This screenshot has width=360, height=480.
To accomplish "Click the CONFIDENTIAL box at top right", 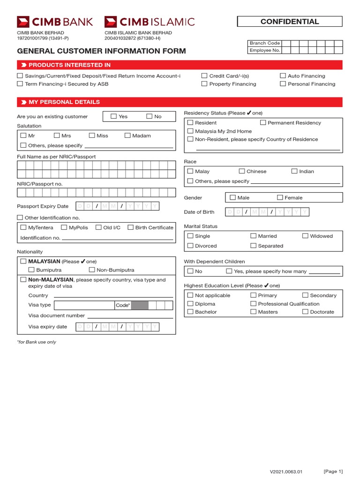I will (290, 22).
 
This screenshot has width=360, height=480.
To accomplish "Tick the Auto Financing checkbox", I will (283, 75).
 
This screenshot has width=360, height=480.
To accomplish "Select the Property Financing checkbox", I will (204, 84).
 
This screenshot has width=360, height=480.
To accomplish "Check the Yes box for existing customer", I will (114, 116).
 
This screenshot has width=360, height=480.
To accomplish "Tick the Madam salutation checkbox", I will (127, 135).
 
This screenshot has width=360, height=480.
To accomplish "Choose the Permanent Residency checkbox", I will (263, 122).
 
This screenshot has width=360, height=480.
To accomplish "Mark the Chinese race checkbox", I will (242, 171).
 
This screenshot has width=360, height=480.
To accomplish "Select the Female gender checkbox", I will (280, 197).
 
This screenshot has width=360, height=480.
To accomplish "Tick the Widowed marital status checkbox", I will (306, 236).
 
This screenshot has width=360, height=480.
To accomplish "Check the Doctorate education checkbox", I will (306, 311).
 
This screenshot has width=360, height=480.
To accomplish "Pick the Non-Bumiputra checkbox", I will (92, 270).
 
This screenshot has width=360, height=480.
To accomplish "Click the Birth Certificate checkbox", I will (131, 227).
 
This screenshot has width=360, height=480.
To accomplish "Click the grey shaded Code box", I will (140, 305).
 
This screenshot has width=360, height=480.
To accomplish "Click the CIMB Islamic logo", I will (149, 22).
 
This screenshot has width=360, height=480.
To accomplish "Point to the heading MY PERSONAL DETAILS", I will (64, 102).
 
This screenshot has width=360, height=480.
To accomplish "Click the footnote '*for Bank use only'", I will (37, 342).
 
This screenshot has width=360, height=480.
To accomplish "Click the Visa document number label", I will (57, 315).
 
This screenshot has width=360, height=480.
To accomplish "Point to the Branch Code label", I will (264, 43).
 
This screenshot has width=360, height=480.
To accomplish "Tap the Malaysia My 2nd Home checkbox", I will (190, 131).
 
